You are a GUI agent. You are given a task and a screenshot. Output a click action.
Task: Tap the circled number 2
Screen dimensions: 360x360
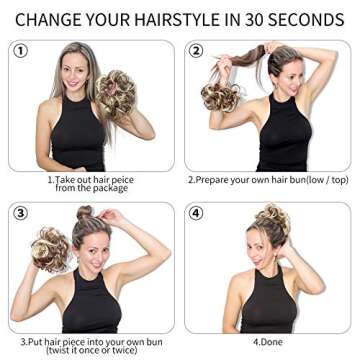[x=196, y=51]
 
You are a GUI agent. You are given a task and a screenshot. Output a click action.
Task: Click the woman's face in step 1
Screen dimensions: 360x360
[x=78, y=73]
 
